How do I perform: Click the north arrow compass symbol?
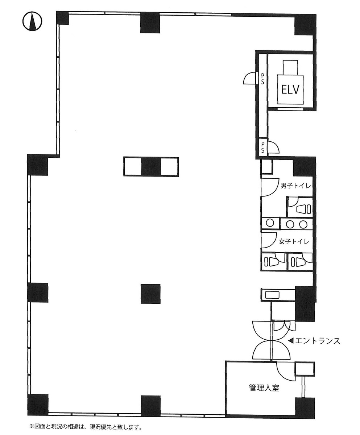(32, 22)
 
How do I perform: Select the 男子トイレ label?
(296, 186)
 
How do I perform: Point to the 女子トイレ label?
(294, 241)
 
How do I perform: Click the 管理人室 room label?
(264, 388)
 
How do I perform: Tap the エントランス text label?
(318, 341)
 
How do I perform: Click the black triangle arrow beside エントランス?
(290, 341)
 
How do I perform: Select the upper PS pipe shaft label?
(262, 79)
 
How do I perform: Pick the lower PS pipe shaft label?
(263, 147)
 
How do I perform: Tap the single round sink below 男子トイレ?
(269, 223)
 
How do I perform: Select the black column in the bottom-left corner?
(38, 404)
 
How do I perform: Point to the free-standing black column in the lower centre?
(150, 294)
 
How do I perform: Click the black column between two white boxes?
(151, 167)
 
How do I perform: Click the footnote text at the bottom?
(85, 427)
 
